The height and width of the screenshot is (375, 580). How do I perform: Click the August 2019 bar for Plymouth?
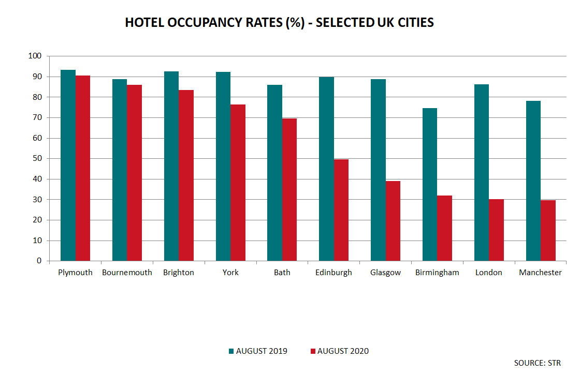[x=68, y=166]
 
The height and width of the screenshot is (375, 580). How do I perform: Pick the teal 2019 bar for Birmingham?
[x=430, y=185]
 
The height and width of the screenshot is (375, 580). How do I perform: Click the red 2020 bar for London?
[x=496, y=230]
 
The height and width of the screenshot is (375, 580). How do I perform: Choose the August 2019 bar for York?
[x=223, y=167]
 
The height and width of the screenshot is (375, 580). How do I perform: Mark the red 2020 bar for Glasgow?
[x=393, y=221]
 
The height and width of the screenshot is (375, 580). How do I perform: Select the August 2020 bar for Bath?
[x=289, y=189]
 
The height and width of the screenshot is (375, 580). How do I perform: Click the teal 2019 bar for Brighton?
[x=171, y=166]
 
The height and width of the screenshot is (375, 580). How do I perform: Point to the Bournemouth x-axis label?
[x=127, y=273]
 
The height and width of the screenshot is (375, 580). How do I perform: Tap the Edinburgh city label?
[x=334, y=273]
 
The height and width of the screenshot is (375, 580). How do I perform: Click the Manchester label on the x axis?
[x=540, y=273]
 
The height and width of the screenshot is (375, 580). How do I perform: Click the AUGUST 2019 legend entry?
[x=257, y=351]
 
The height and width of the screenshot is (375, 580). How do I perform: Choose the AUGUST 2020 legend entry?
[x=339, y=351]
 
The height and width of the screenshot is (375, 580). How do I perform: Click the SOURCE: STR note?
[x=537, y=363]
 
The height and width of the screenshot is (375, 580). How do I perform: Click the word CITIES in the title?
[x=414, y=23]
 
